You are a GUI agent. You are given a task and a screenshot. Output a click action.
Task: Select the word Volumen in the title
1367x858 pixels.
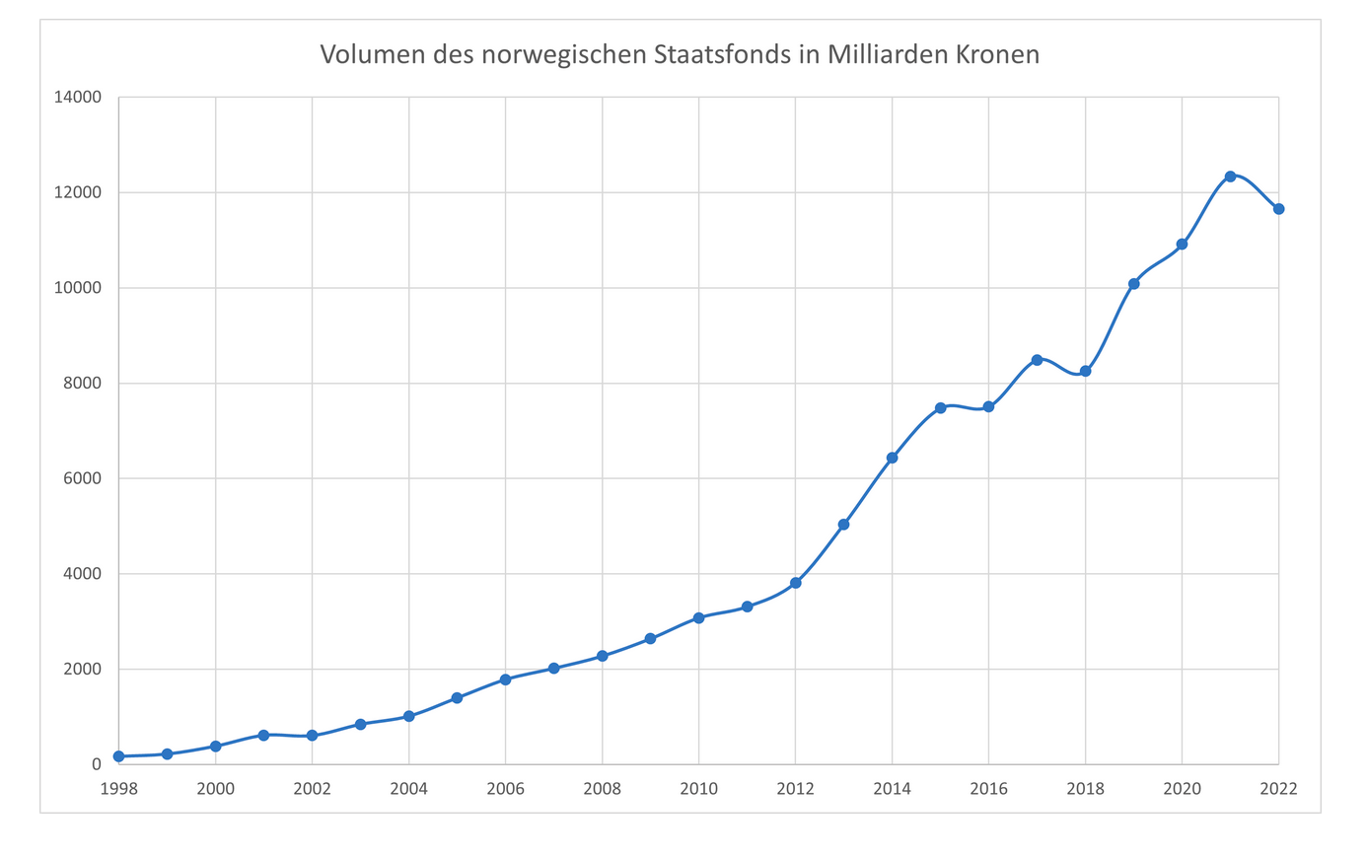pos(372,54)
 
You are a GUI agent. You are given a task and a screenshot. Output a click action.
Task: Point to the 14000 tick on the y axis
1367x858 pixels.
pos(81,98)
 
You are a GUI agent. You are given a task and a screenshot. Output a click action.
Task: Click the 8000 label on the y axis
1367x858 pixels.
pos(84,384)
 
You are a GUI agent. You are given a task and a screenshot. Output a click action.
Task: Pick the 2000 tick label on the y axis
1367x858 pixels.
pos(84,670)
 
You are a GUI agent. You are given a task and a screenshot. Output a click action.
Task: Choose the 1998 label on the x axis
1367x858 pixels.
pos(118,789)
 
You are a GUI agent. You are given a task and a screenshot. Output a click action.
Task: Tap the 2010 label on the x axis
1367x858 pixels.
pos(698,789)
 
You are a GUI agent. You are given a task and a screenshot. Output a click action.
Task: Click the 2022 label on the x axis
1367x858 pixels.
pos(1278,789)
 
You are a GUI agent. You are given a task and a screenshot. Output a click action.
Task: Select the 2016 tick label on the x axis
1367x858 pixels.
pos(988,789)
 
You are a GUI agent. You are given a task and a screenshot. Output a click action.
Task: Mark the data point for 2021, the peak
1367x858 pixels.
pos(1230,177)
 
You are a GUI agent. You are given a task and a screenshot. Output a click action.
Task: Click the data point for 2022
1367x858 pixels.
pos(1278,209)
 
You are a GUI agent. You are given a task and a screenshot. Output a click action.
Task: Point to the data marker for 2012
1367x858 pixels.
pos(795,583)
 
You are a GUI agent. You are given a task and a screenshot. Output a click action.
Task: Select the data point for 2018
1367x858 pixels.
pos(1085,371)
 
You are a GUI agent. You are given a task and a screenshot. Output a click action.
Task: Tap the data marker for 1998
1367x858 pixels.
pos(118,756)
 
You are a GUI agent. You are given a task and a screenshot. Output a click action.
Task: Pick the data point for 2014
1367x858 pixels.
pos(892,458)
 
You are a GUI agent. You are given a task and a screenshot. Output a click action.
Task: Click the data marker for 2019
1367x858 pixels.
pos(1133,284)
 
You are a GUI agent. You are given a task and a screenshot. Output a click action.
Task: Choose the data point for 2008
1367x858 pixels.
pos(602,656)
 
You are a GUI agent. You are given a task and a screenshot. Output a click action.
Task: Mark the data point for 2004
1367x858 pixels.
pos(408,717)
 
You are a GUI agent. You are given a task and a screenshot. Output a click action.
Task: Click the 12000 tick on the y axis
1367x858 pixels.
pos(81,193)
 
